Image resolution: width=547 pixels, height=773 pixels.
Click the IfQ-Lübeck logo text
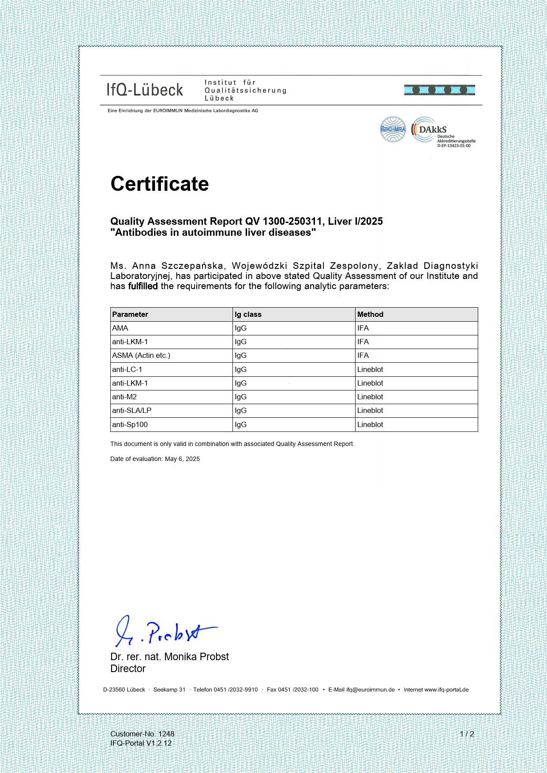coord(145,90)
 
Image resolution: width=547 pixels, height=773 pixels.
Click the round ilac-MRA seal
coord(393,129)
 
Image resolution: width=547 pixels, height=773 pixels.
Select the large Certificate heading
coord(159,184)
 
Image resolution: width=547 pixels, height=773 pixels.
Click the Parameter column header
coord(130,314)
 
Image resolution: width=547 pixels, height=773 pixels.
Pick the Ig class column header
coord(248,314)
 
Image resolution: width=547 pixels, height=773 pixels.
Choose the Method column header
coord(370,314)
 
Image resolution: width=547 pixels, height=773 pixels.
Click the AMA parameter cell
coord(120,328)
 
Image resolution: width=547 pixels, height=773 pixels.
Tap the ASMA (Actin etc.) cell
coord(141,355)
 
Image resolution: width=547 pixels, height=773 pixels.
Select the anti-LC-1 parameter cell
coord(127,369)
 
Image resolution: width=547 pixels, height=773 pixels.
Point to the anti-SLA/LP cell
coord(131,410)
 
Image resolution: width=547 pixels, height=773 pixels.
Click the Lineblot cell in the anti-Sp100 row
coord(370,424)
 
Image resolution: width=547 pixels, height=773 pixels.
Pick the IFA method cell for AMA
coord(363,328)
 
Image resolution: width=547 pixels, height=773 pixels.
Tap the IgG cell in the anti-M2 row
coord(240,397)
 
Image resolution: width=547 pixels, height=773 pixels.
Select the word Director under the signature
coord(128,669)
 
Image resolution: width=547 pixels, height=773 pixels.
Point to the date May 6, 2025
coord(182,459)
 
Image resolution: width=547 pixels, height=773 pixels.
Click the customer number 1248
coord(166,734)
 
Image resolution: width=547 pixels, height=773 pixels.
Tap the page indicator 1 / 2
coord(467,734)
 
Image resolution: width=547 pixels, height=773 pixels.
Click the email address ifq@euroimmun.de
coord(370,690)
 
